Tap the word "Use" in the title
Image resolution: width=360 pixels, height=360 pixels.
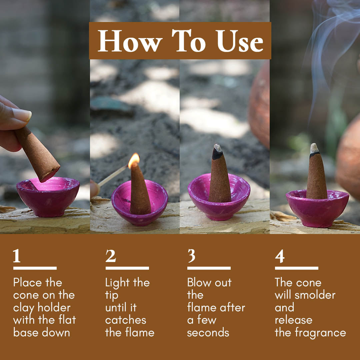click(240, 41)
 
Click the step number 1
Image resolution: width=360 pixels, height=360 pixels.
click(17, 256)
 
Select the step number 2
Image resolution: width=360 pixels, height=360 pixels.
click(111, 256)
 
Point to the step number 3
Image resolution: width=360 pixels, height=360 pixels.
click(191, 256)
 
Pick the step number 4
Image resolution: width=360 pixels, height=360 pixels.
click(280, 256)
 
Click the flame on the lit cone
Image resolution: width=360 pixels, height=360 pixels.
click(134, 160)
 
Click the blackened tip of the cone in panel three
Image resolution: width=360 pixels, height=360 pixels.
click(217, 154)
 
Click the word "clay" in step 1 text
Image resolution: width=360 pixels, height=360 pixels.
click(24, 308)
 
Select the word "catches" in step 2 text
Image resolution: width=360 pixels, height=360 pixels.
click(126, 320)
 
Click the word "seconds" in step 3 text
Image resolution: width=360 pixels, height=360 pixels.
click(208, 333)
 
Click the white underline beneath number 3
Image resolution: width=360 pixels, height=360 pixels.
click(209, 268)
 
